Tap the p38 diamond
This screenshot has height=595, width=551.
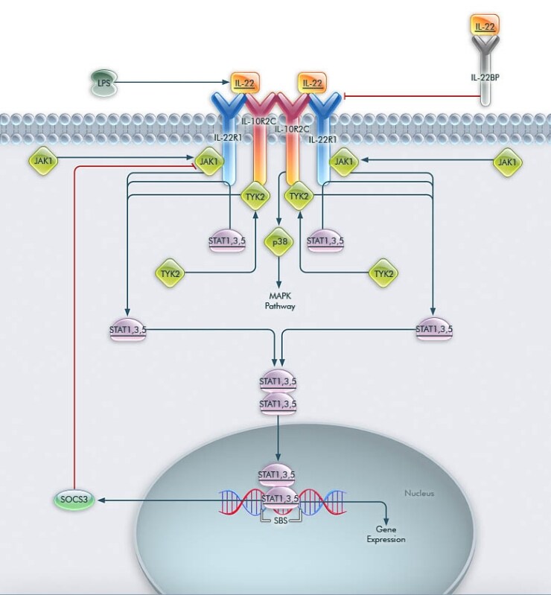(x=278, y=242)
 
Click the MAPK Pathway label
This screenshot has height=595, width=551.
(x=279, y=301)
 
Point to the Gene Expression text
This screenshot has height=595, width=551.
(x=386, y=535)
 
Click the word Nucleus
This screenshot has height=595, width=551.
(x=418, y=493)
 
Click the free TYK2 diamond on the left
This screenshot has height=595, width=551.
(x=170, y=273)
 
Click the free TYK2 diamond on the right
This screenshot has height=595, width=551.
(x=383, y=273)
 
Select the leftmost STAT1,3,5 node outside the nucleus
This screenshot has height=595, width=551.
(x=128, y=329)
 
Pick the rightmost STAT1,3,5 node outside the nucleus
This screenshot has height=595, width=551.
(x=434, y=329)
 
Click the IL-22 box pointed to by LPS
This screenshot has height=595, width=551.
(x=241, y=83)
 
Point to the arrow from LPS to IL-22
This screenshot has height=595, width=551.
(x=171, y=82)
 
